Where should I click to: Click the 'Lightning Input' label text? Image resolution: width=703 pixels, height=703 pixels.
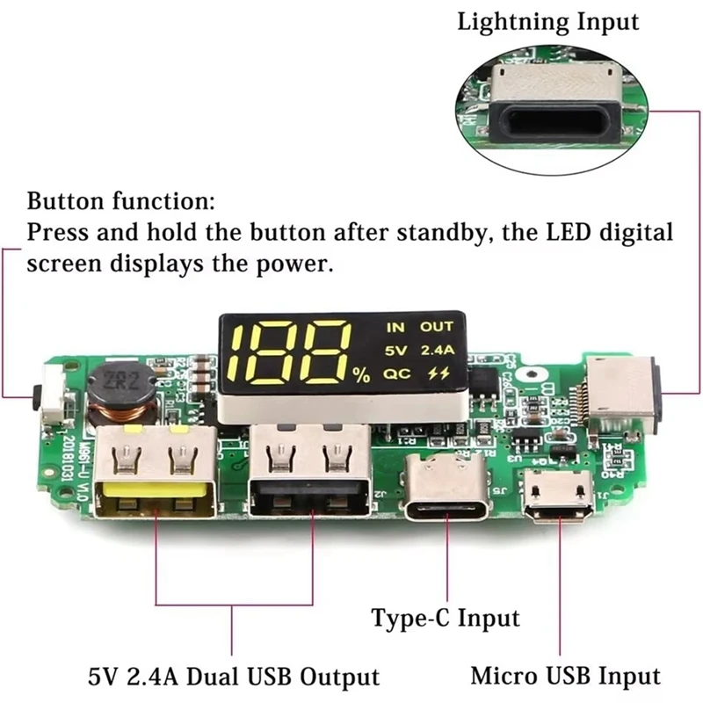[547, 21]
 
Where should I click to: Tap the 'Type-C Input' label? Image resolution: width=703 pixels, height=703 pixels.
[445, 618]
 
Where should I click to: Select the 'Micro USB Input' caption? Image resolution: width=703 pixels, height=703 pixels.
[565, 676]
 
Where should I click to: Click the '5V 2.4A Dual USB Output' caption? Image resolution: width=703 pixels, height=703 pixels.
[233, 678]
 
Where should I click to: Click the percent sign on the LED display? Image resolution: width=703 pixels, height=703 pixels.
[361, 375]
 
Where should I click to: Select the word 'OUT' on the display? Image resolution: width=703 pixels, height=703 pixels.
[436, 327]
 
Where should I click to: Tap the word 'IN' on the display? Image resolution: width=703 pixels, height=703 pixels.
[395, 327]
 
